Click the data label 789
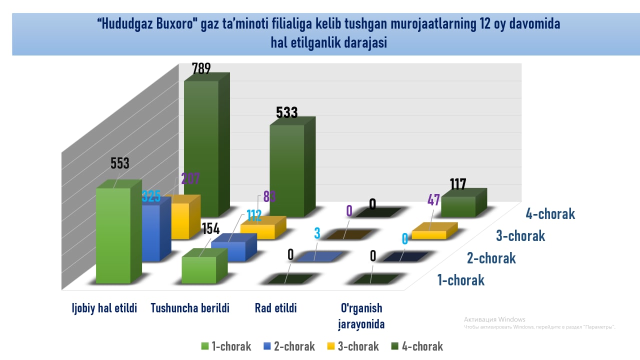click(x=201, y=69)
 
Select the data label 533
click(x=287, y=112)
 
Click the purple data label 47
click(x=433, y=200)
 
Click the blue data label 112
click(x=253, y=216)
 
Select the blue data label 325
click(x=151, y=196)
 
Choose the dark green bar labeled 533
click(x=287, y=170)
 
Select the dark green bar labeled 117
click(x=458, y=206)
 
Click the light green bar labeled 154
click(x=199, y=270)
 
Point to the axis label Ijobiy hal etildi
click(x=104, y=308)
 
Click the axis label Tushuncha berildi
click(x=190, y=308)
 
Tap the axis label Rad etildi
click(x=276, y=308)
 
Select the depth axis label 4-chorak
click(x=550, y=214)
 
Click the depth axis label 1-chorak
click(x=460, y=280)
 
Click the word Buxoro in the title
click(x=171, y=24)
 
